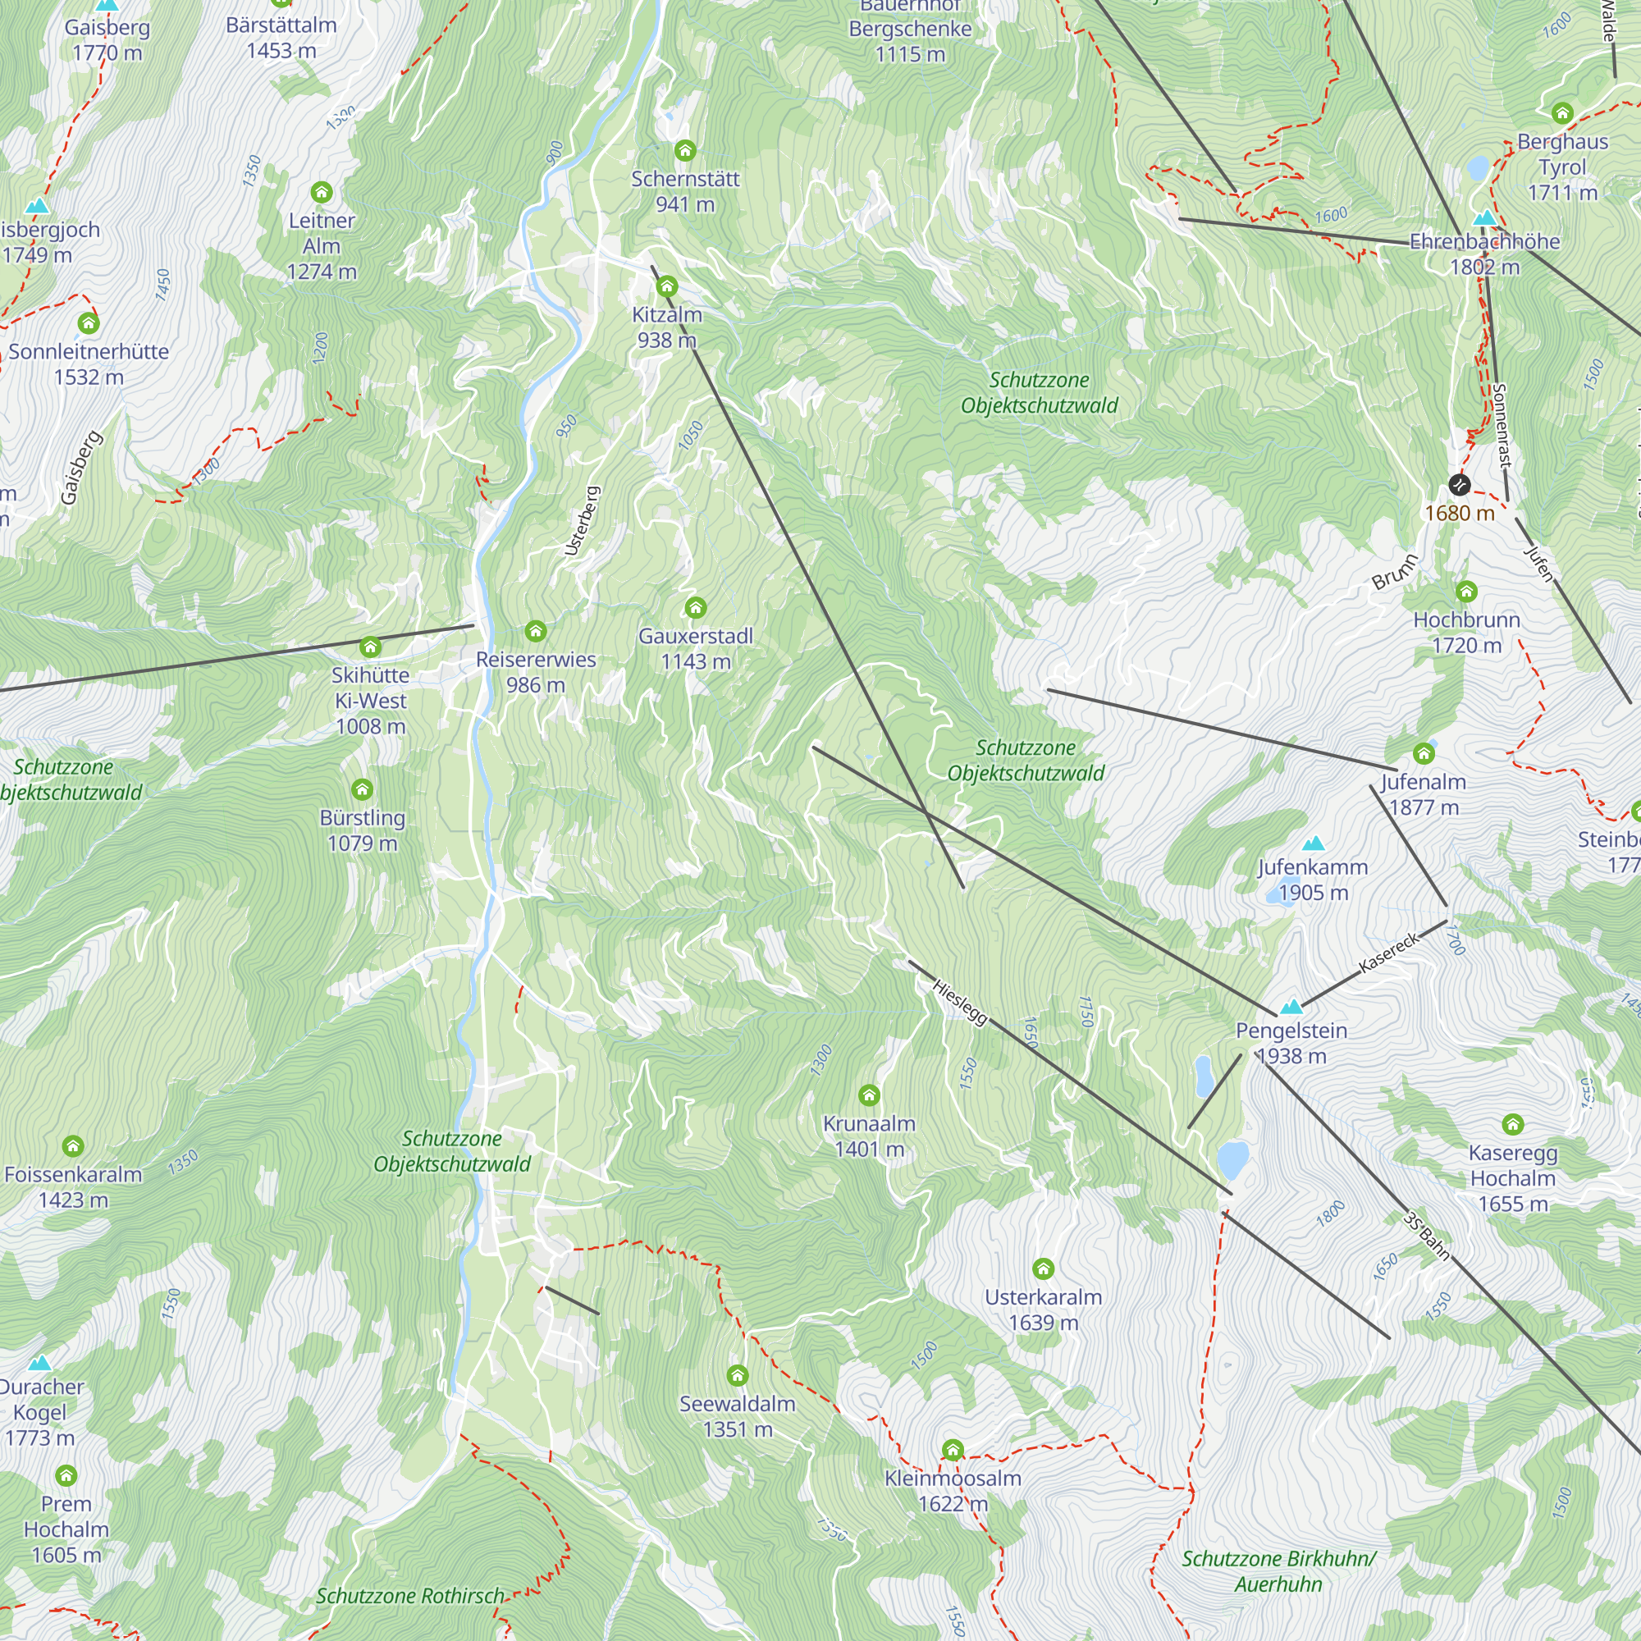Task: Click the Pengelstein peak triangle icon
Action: tap(1291, 1007)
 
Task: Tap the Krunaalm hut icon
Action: tap(869, 1095)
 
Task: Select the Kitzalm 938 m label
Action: tap(667, 327)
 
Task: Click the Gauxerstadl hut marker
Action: tap(696, 607)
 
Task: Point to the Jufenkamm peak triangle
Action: tap(1313, 843)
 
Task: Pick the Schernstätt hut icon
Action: tap(684, 151)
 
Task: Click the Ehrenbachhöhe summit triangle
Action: tap(1483, 218)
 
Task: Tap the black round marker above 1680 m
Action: tap(1459, 485)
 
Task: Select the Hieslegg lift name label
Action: tap(961, 1003)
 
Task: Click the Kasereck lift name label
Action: tap(1389, 953)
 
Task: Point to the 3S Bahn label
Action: tap(1427, 1236)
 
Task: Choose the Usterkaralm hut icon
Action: tap(1043, 1269)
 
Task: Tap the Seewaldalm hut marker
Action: tap(738, 1375)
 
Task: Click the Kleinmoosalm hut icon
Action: tap(953, 1450)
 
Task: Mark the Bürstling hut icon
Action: tap(363, 790)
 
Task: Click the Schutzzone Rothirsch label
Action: tap(410, 1596)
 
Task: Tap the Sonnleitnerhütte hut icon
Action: tap(89, 323)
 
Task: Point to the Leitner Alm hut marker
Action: tap(321, 192)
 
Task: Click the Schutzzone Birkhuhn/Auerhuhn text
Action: tap(1278, 1571)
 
